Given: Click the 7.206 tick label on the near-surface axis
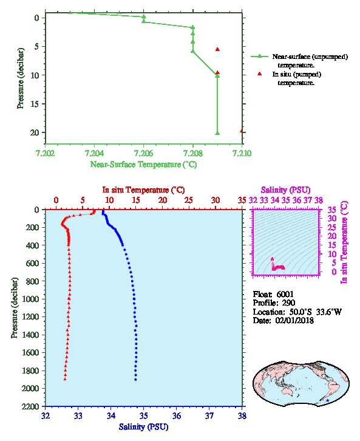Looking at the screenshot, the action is click(x=144, y=153).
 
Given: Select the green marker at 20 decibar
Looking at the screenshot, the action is click(x=217, y=133).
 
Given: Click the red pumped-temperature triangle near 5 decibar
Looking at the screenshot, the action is click(x=217, y=49).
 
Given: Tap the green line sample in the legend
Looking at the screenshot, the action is click(x=259, y=56).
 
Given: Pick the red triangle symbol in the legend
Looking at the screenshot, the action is click(x=259, y=73).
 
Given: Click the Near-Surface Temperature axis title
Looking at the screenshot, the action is click(x=144, y=164).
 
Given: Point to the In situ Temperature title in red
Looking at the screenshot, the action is click(x=144, y=190).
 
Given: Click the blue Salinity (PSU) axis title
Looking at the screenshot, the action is click(x=144, y=426).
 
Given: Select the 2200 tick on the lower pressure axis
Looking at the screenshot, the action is click(x=31, y=406).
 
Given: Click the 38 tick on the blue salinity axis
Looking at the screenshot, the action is click(x=242, y=415).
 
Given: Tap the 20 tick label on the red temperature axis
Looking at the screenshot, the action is click(x=163, y=200).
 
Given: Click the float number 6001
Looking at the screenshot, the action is click(x=285, y=294).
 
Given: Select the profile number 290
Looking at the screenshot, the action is click(x=288, y=303).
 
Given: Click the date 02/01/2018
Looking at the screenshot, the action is click(x=294, y=320).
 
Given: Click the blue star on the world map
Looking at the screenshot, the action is click(x=327, y=400).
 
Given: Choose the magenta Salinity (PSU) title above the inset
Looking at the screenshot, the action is click(x=285, y=190).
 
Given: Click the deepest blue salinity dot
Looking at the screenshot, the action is click(x=135, y=380).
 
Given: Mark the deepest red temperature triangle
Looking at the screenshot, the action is click(x=65, y=379).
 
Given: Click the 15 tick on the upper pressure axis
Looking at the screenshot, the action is click(x=35, y=104).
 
